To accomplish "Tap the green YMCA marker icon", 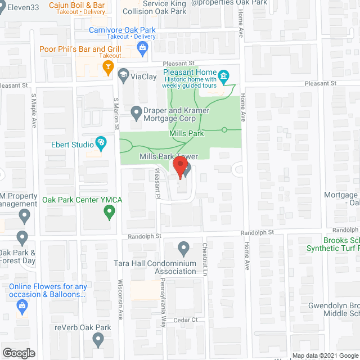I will point(110,212).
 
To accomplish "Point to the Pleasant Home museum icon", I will point(223,75).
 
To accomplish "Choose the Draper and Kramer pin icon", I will point(136,112).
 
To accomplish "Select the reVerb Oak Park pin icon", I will point(98,339).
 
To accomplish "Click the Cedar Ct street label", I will point(186,319).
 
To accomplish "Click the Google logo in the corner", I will point(19,353).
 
